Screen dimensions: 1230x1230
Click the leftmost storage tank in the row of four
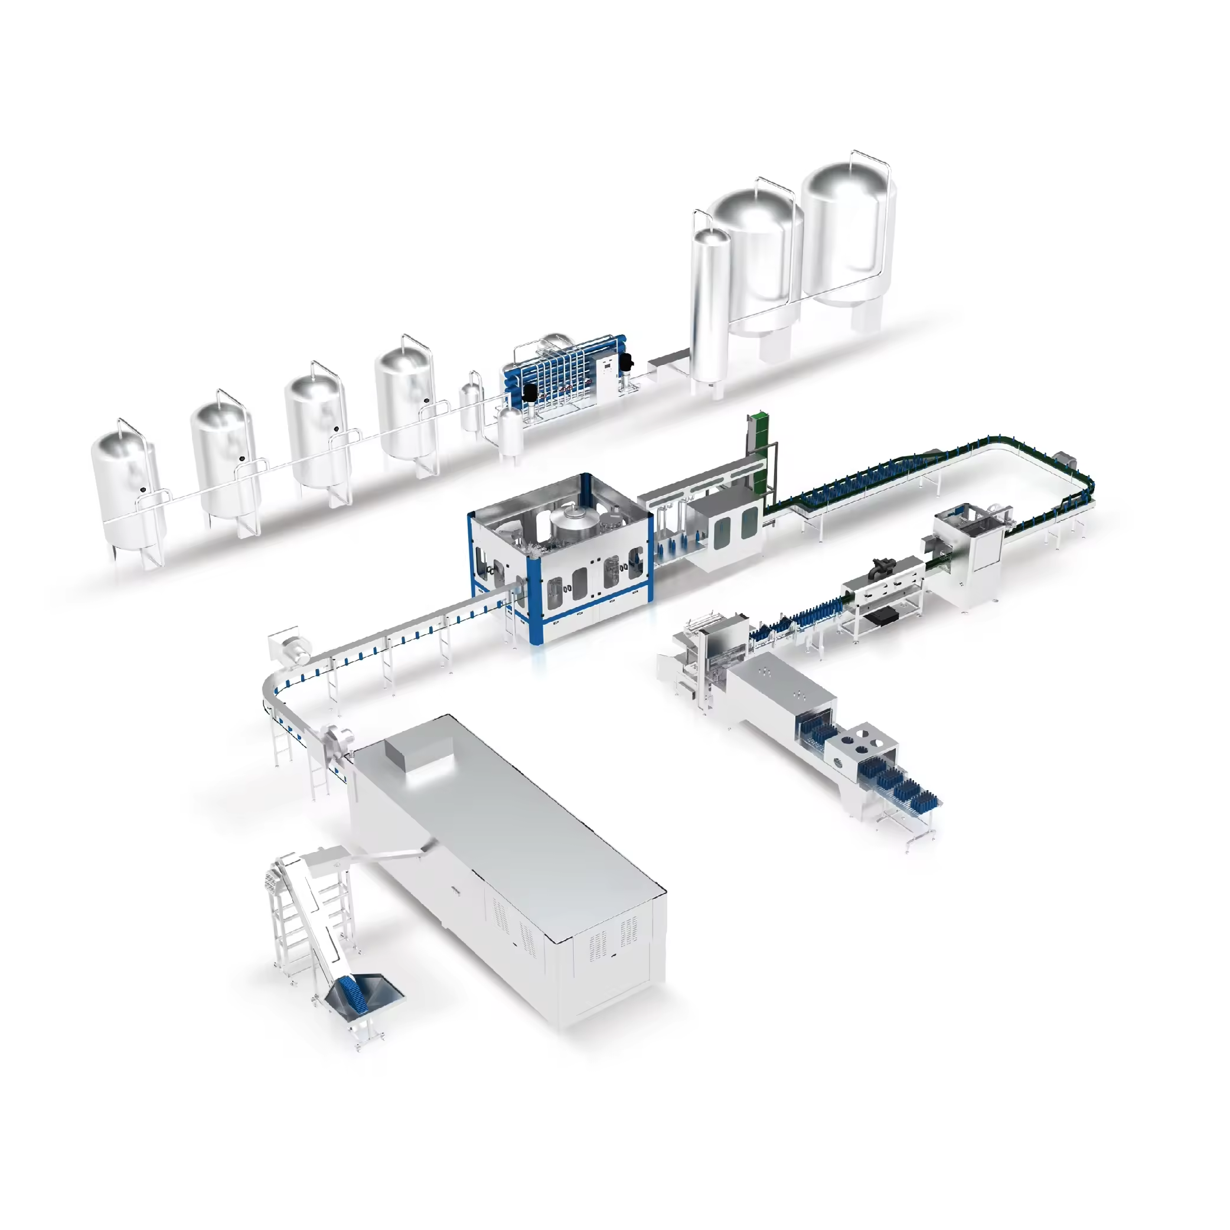pyautogui.click(x=128, y=490)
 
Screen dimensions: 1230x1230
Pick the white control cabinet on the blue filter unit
pyautogui.click(x=609, y=376)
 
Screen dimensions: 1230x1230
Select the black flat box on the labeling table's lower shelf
pyautogui.click(x=882, y=614)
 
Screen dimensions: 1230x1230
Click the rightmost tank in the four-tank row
pyautogui.click(x=406, y=401)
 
